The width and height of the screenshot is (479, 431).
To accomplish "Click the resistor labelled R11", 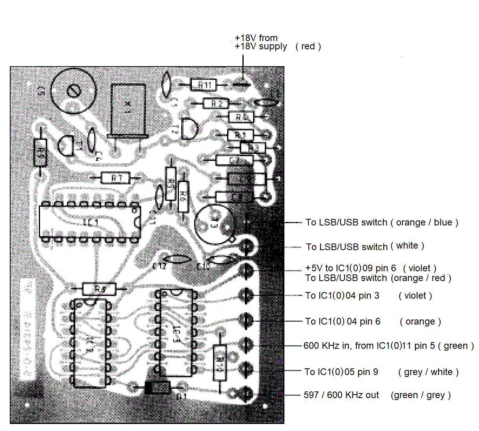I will click(x=203, y=85).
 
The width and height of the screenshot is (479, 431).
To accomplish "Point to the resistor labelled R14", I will click(x=220, y=362).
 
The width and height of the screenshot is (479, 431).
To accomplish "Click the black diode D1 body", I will click(x=158, y=388).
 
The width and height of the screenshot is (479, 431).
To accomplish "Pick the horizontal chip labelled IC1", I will click(x=90, y=222).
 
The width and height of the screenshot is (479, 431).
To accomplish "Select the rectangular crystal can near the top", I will click(x=128, y=110).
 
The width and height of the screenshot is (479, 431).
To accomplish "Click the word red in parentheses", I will click(x=308, y=46).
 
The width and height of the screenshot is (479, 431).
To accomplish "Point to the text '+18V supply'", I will click(x=261, y=46).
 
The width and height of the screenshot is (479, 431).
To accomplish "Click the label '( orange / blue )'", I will click(x=424, y=222).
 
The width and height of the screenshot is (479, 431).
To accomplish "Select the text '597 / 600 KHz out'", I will click(x=341, y=395).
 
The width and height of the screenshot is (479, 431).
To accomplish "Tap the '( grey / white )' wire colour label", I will click(x=428, y=372).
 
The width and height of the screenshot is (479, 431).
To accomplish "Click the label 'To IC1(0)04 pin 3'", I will click(x=342, y=296).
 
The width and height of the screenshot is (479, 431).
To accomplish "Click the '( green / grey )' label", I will click(x=421, y=395).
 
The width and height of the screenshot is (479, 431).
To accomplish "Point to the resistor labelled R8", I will click(x=99, y=289).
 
